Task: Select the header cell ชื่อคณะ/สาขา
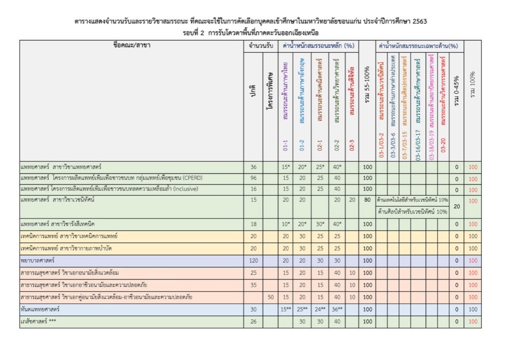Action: pos(131,45)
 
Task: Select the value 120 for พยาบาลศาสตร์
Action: pos(252,260)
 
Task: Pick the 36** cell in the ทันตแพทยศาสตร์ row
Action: pos(336,309)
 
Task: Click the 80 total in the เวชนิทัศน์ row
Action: pos(367,200)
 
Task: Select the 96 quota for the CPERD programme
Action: pos(252,179)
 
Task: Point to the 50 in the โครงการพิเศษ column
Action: pos(271,297)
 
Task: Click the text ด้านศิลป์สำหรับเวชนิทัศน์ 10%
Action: pos(412,211)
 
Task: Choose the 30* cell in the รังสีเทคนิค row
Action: pos(319,224)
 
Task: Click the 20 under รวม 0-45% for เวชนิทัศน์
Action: pos(457,206)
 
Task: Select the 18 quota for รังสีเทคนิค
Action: pos(252,224)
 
